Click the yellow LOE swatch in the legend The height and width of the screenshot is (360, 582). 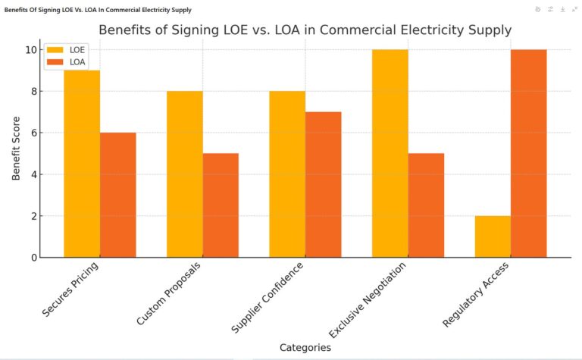click(x=55, y=49)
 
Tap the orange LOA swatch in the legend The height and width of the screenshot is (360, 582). click(x=55, y=62)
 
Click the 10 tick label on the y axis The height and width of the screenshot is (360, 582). click(x=29, y=50)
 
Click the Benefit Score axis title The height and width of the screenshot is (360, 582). click(x=16, y=153)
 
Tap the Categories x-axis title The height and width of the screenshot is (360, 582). click(x=305, y=347)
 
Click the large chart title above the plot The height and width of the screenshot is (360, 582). click(x=305, y=30)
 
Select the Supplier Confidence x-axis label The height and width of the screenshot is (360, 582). click(x=267, y=300)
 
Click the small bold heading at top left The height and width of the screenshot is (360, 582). click(x=98, y=10)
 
